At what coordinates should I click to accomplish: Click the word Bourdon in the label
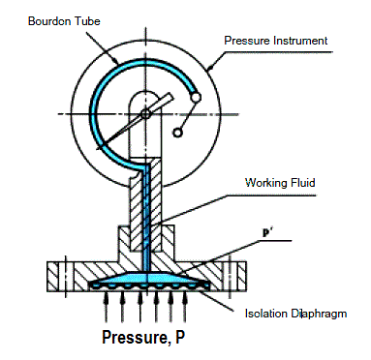point(49,21)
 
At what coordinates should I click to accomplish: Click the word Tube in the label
point(87,21)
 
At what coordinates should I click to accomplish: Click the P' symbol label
point(267,233)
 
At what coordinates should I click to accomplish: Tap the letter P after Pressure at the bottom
point(179,337)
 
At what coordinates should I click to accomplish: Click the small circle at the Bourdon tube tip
point(196,97)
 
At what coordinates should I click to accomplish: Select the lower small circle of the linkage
point(177,133)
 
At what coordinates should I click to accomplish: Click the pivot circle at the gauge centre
point(145,113)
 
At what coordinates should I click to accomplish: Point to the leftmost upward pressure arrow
point(106,307)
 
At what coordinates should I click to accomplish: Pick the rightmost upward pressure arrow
point(184,307)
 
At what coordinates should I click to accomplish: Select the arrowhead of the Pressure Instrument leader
point(209,67)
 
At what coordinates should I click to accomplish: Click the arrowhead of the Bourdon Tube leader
point(115,61)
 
